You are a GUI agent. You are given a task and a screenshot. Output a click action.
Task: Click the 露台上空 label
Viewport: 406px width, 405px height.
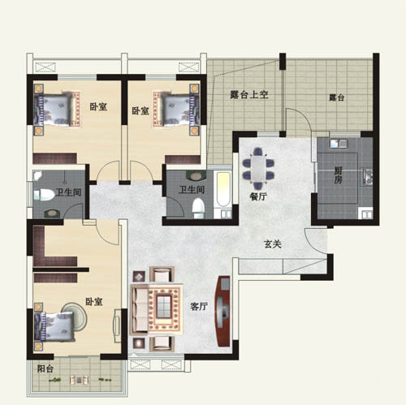pos(249,95)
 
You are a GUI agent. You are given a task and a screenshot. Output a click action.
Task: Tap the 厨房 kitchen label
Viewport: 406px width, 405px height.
pos(339,175)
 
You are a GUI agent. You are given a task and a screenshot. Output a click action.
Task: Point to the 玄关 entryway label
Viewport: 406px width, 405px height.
pos(273,244)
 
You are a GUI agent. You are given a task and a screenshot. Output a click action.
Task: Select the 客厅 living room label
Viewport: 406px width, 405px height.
pos(199,306)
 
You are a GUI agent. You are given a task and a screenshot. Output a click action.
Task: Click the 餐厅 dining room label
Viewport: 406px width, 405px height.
pos(258,196)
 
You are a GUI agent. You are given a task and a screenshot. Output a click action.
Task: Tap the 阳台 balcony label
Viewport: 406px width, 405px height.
pos(45,368)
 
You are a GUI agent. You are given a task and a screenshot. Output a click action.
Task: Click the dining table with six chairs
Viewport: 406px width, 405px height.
pos(258,168)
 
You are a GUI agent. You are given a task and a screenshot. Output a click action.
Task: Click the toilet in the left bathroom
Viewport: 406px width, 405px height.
pos(44,195)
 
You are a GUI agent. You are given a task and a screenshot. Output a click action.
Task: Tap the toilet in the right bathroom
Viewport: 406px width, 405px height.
pos(198,208)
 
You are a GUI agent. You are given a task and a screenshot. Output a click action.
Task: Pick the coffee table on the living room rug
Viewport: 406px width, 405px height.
pos(164,307)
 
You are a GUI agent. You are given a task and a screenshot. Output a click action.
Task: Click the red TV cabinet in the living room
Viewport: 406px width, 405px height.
pos(222,311)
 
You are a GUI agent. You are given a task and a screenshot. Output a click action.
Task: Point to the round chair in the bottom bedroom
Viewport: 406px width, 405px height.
pos(74,316)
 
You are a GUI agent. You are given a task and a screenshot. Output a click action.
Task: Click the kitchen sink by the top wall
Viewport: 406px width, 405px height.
pos(338,144)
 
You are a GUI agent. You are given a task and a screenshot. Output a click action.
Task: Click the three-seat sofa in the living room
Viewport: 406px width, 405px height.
pos(139,308)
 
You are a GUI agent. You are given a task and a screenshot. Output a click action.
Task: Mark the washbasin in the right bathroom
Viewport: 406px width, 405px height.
pos(195,176)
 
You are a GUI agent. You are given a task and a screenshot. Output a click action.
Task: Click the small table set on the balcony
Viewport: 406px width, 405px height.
pos(79,380)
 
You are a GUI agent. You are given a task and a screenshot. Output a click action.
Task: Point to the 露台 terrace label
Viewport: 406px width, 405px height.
pos(337,97)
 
